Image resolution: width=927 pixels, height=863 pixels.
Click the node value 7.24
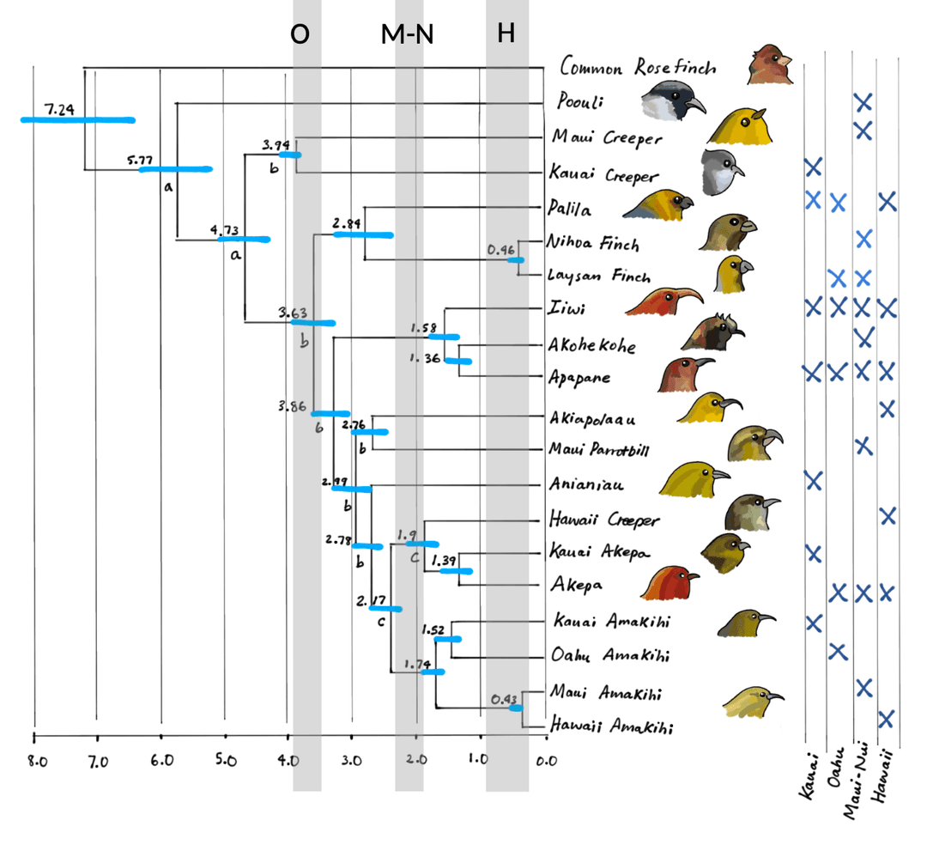(60, 110)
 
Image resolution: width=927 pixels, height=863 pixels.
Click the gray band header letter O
(300, 34)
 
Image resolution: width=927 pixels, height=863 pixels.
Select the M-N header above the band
(408, 34)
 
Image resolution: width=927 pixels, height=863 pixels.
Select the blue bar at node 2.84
(363, 234)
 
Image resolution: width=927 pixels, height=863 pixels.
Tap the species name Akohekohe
(593, 346)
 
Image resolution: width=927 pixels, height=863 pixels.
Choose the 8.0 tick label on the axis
(35, 760)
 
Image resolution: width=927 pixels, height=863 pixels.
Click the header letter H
(506, 34)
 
